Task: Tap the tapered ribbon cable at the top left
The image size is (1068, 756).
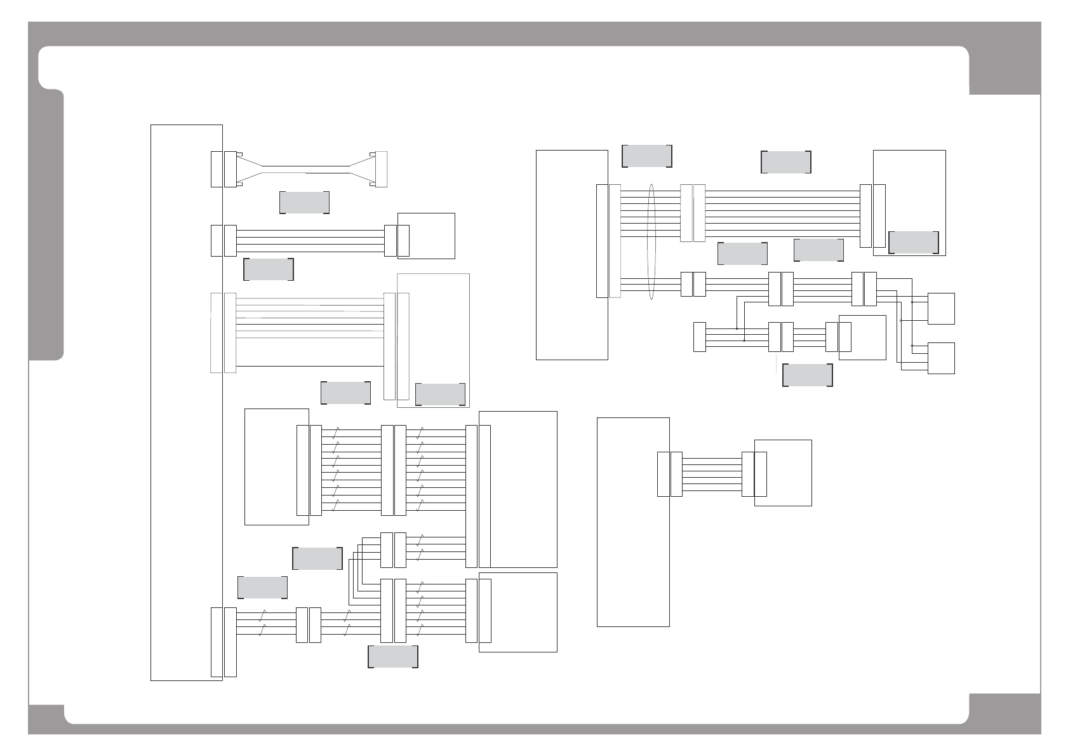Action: point(305,170)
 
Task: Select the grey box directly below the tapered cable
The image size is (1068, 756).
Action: point(304,203)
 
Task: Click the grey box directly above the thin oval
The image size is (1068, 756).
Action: point(647,156)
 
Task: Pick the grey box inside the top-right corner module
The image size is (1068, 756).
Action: point(913,242)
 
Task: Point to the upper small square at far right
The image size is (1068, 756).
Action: point(941,309)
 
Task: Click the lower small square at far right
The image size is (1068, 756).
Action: point(941,358)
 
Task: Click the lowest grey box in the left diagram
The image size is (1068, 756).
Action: point(393,657)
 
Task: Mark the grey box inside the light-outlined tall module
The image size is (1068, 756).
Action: point(440,394)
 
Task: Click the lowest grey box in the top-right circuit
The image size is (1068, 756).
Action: point(807,375)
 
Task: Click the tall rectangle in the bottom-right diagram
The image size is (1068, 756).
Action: point(633,522)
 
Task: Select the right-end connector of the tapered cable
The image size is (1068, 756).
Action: point(381,170)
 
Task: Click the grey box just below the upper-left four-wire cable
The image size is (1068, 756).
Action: point(269,269)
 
